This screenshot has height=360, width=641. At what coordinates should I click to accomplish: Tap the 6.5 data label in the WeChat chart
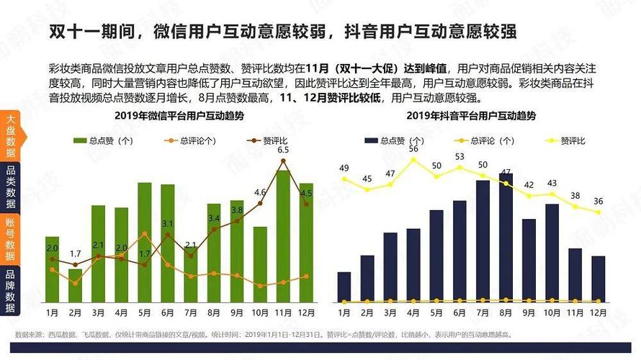(x=283, y=150)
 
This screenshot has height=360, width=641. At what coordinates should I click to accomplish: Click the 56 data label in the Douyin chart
(x=413, y=148)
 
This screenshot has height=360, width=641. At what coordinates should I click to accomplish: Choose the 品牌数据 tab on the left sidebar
(x=10, y=291)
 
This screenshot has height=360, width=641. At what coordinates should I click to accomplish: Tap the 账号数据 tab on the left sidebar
(x=10, y=239)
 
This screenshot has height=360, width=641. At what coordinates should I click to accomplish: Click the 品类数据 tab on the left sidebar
(x=10, y=187)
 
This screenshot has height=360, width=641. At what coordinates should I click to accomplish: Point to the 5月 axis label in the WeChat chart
(x=144, y=313)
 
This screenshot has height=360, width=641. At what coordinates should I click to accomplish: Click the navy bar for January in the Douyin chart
(x=344, y=287)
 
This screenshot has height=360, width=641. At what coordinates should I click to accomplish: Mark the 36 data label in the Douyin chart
(x=599, y=201)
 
